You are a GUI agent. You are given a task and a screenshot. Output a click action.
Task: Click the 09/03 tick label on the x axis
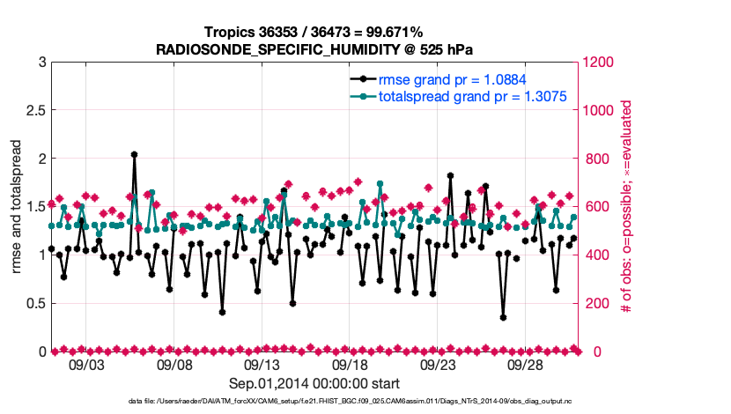(86, 365)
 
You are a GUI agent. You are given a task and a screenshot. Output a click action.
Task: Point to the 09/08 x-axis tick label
(174, 365)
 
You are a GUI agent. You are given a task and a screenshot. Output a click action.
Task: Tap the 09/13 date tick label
(262, 365)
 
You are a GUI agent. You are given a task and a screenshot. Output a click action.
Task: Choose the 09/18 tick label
(350, 365)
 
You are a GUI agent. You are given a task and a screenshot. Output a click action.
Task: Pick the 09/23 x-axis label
(438, 365)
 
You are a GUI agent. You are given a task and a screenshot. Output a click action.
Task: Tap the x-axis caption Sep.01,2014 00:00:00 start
(314, 384)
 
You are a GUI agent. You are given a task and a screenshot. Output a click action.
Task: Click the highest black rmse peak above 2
(134, 154)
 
